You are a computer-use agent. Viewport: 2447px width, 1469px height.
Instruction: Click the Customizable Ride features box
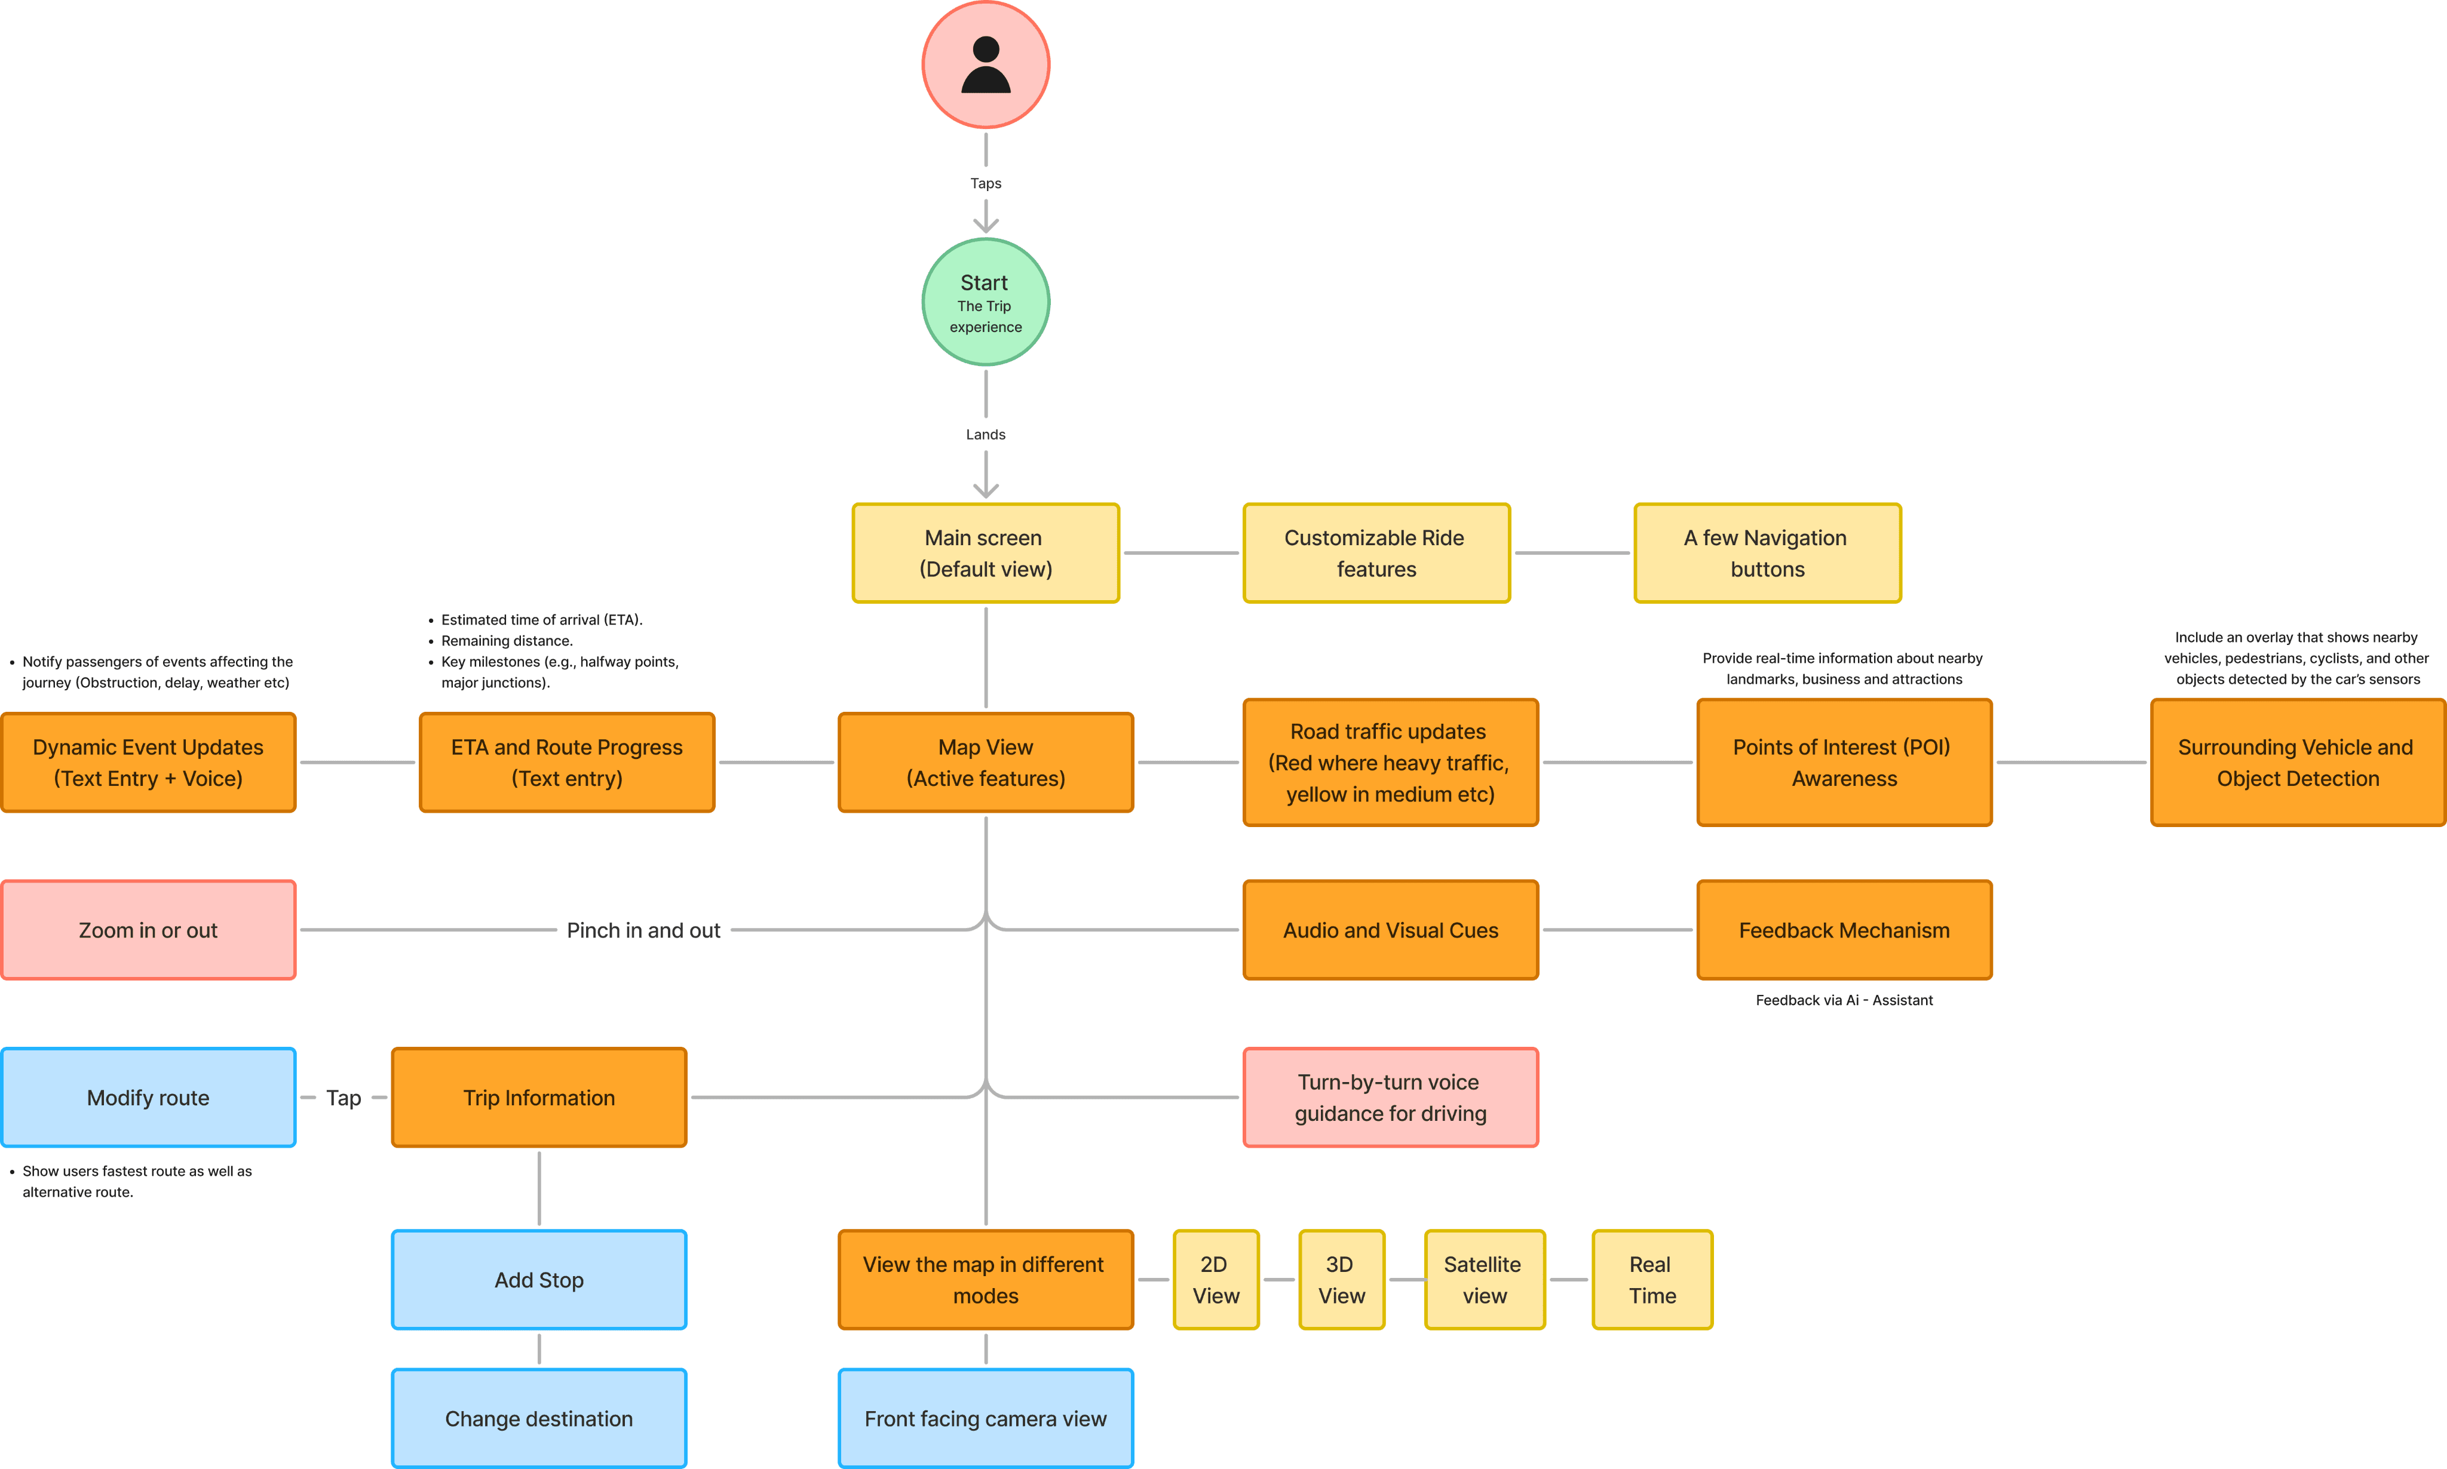[1376, 554]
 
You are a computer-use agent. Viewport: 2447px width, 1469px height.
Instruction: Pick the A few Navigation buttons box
[1768, 554]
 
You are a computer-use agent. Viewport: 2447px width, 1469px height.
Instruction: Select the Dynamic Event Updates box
[149, 762]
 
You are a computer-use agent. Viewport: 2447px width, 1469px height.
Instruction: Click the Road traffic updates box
[1390, 762]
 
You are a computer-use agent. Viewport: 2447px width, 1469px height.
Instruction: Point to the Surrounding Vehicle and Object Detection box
[2298, 762]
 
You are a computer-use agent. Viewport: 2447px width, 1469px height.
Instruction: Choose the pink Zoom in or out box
[149, 930]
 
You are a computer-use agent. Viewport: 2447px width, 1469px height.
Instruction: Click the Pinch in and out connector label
[643, 930]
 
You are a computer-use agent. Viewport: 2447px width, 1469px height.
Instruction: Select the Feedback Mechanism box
[1844, 930]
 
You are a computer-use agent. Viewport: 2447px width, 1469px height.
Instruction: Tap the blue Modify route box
[149, 1098]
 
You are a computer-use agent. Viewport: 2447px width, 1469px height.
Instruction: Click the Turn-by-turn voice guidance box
[1390, 1098]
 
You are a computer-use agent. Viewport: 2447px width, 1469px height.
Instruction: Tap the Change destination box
[539, 1418]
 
